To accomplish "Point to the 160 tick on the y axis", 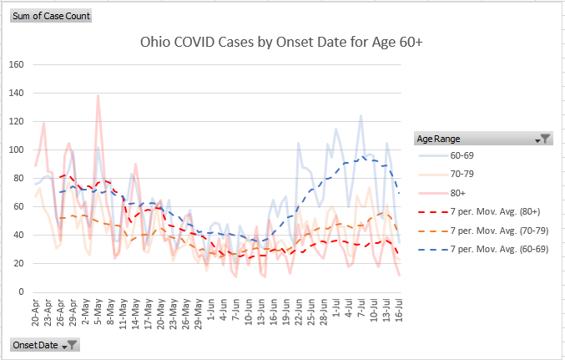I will [17, 64].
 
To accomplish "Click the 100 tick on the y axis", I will [17, 150].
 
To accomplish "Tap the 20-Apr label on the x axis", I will [36, 312].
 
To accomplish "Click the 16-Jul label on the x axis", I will [399, 312].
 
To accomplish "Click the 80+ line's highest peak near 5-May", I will [98, 95].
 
